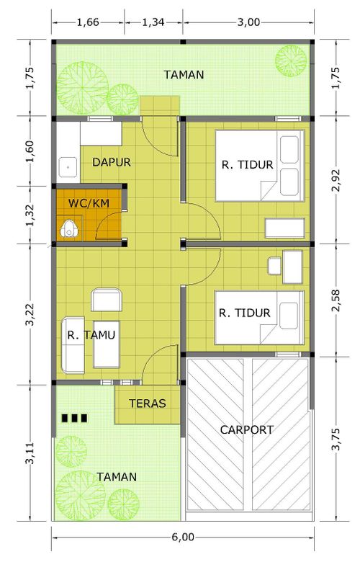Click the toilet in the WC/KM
[68, 228]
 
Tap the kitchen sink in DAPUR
[68, 167]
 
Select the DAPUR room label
[112, 162]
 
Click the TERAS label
[148, 403]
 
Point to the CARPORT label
[247, 429]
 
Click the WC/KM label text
[89, 203]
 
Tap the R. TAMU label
[91, 335]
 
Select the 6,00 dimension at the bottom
[183, 537]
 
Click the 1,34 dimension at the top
[153, 22]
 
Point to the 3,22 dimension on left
[30, 314]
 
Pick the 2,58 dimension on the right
[336, 300]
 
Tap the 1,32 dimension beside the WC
[30, 215]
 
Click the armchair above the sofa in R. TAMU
[107, 300]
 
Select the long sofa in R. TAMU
[73, 345]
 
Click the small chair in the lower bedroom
[275, 266]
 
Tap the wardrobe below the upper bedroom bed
[285, 228]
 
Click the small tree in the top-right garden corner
[291, 61]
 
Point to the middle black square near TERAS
[74, 418]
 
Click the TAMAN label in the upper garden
[184, 74]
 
